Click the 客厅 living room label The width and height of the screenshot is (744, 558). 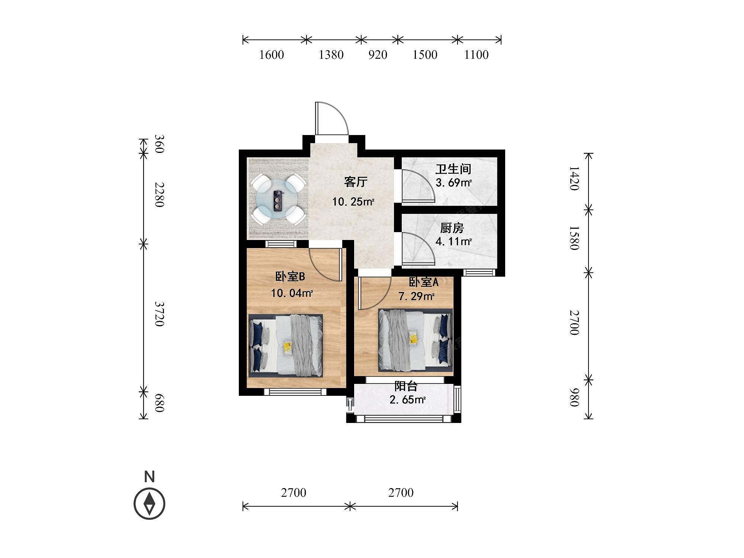click(x=356, y=182)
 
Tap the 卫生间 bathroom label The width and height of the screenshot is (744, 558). click(x=453, y=169)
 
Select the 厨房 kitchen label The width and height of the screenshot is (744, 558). click(x=452, y=228)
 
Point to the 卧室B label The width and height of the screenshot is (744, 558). click(x=290, y=276)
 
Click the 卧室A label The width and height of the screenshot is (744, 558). click(x=424, y=282)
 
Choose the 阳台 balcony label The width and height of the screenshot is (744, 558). click(x=406, y=386)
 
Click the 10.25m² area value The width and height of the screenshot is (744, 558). click(x=353, y=202)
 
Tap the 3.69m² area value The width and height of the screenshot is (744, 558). click(x=454, y=183)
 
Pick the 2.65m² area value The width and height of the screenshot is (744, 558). click(x=408, y=400)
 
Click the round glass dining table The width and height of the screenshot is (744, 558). click(x=277, y=200)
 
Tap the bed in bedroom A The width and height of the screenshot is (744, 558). click(x=416, y=340)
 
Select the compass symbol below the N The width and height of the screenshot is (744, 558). click(x=149, y=504)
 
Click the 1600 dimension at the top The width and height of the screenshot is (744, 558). click(x=272, y=55)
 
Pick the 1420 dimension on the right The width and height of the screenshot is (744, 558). click(x=574, y=178)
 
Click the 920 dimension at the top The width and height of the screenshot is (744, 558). click(x=378, y=55)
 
